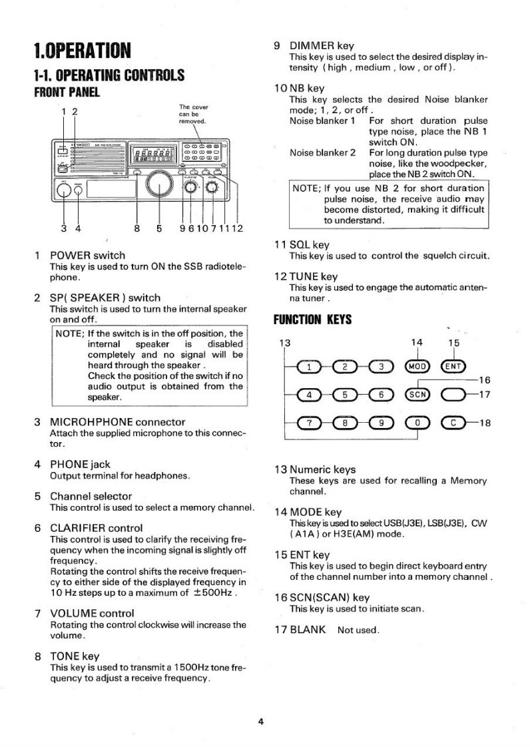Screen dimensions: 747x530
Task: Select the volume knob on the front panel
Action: click(213, 188)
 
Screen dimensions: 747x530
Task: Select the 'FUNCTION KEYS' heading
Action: click(312, 320)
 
